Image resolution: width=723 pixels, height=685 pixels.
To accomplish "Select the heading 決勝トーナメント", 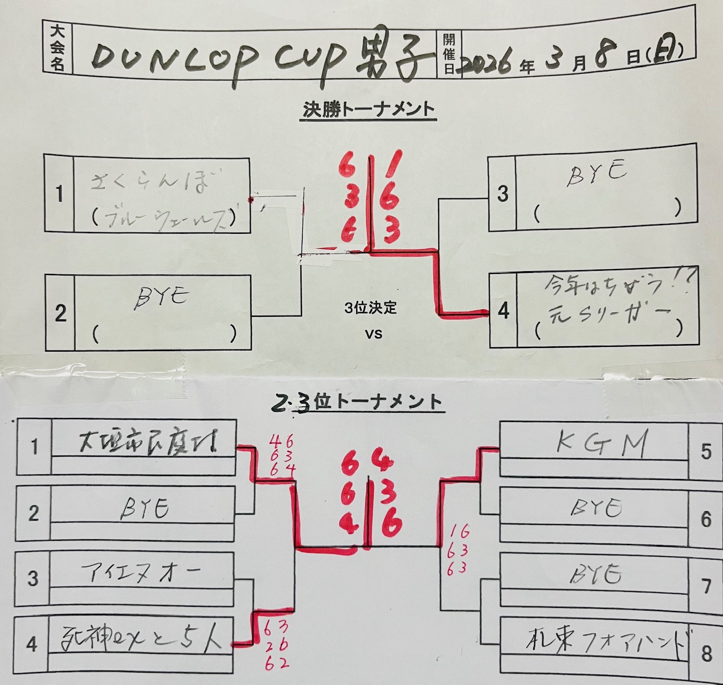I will (x=368, y=109).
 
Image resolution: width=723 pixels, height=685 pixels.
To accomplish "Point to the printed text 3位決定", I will (x=371, y=308).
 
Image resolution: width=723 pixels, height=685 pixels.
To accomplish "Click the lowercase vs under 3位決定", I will (x=373, y=333).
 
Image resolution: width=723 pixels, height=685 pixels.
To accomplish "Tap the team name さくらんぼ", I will (x=150, y=183).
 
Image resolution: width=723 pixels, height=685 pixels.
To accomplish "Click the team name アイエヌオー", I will (x=141, y=572).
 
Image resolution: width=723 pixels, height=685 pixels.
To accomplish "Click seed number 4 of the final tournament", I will (x=503, y=310).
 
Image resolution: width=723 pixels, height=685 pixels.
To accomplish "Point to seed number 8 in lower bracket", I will (x=706, y=653).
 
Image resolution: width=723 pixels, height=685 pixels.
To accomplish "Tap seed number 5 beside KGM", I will (x=706, y=451).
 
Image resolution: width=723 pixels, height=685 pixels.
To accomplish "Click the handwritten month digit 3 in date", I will (x=554, y=59).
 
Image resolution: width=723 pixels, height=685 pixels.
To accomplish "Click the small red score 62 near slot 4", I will (x=276, y=663).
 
